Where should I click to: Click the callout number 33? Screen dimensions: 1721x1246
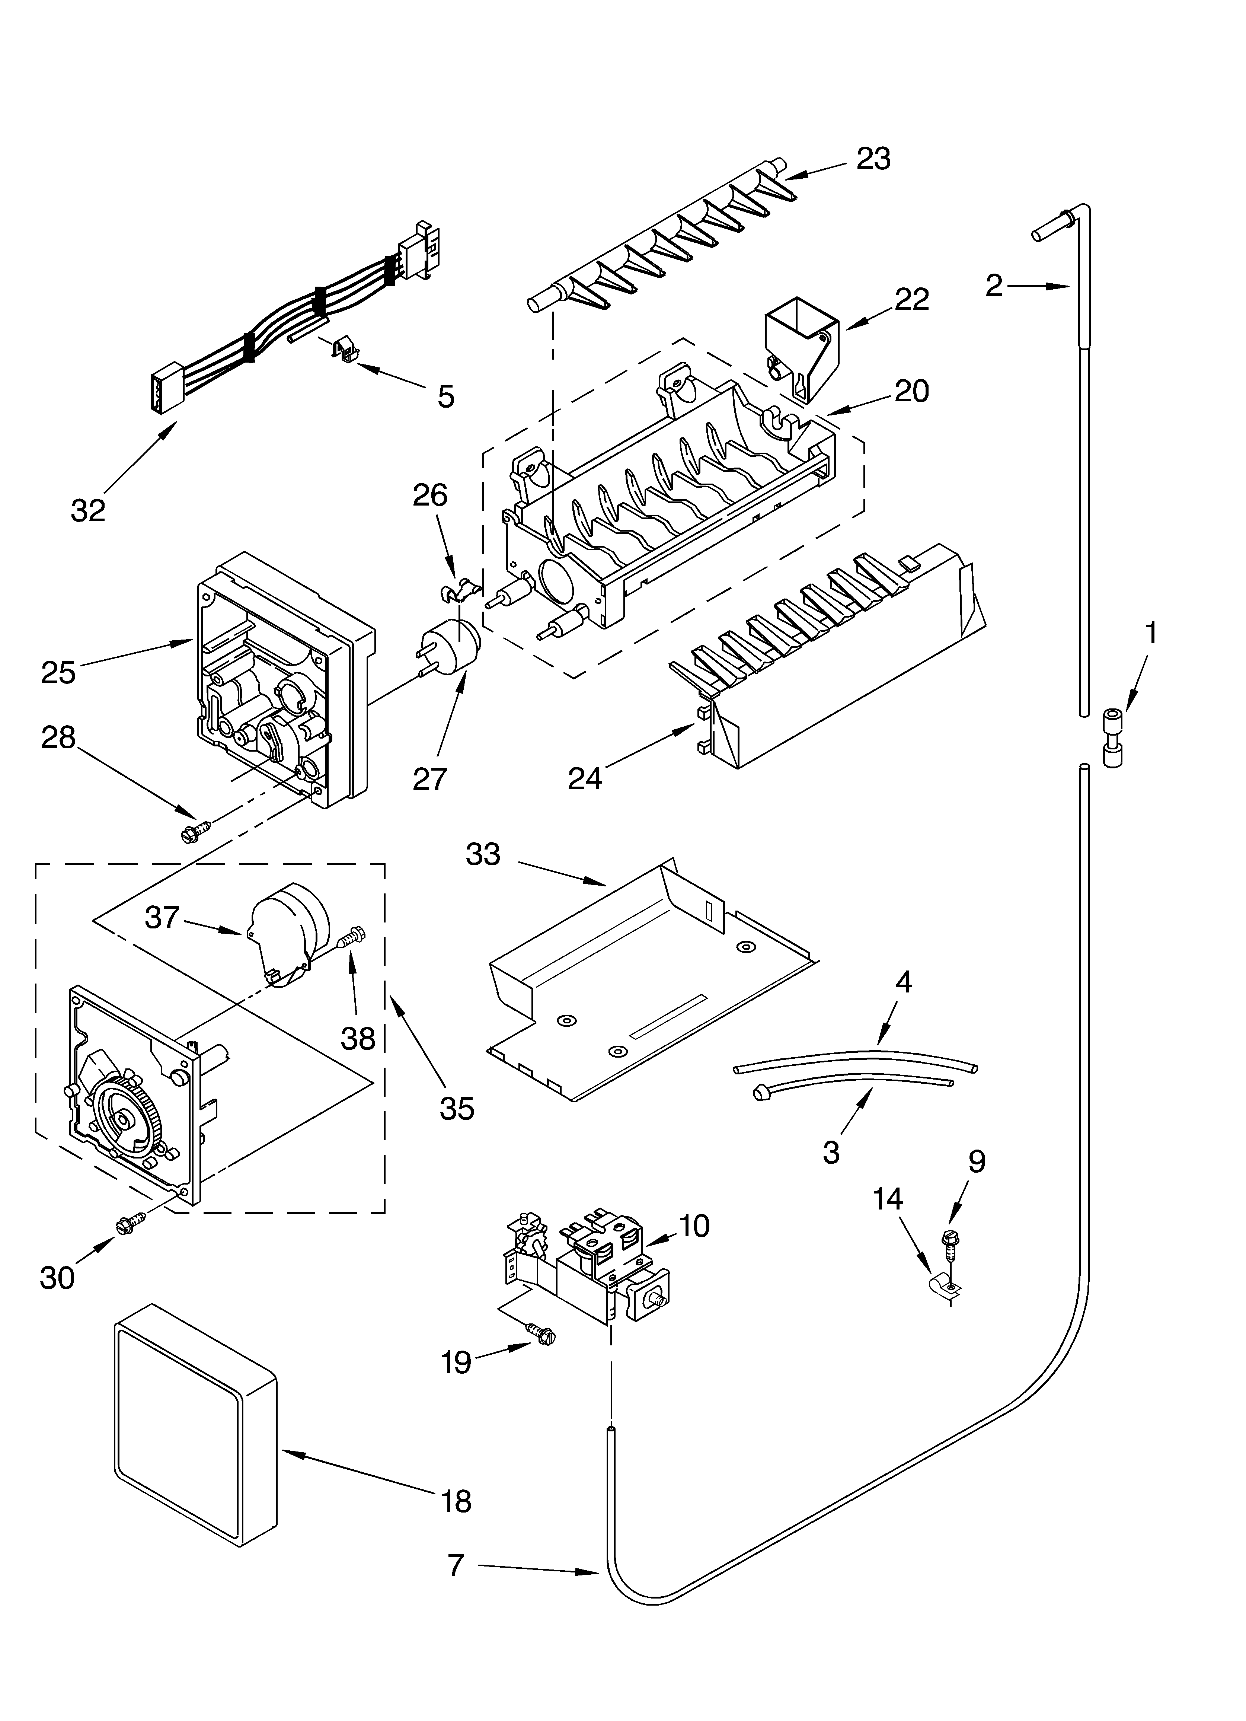tap(483, 854)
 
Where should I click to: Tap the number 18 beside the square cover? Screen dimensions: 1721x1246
tap(456, 1500)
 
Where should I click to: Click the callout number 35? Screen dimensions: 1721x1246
tap(457, 1109)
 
